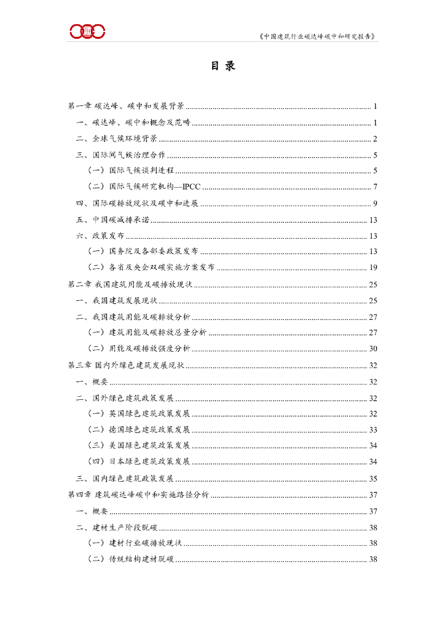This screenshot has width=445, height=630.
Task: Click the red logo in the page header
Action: [x=87, y=30]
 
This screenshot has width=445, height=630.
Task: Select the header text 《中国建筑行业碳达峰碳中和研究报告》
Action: [x=318, y=36]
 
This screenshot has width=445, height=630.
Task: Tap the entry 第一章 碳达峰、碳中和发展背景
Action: [x=126, y=106]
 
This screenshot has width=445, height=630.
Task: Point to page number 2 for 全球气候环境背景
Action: [x=375, y=138]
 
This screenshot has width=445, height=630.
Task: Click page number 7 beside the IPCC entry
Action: [x=375, y=186]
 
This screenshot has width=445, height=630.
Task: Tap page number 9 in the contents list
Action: [x=375, y=203]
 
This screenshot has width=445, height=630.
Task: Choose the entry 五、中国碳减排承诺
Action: [x=112, y=220]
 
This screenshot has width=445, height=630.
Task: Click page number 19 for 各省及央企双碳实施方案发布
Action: [x=373, y=268]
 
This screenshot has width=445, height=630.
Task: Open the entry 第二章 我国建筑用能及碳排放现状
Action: [x=130, y=284]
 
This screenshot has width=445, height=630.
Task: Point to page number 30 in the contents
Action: [x=373, y=348]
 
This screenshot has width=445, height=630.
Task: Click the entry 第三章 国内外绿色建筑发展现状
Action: [x=126, y=365]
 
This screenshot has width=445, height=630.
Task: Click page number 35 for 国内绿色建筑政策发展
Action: [x=373, y=478]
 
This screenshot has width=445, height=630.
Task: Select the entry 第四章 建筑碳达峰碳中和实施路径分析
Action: [x=138, y=494]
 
